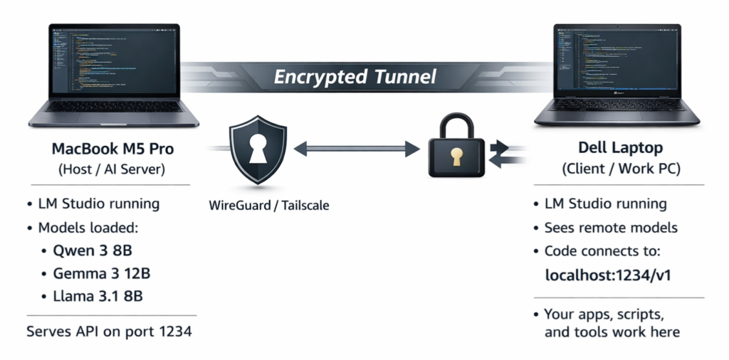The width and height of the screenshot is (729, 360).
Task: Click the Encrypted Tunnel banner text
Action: (x=355, y=77)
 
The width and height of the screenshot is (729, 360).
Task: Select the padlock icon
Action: (x=456, y=149)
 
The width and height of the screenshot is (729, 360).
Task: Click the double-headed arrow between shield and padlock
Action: (x=357, y=149)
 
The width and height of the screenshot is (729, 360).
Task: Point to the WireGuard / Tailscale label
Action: (x=269, y=206)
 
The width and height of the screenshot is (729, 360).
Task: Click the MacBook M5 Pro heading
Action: (x=112, y=149)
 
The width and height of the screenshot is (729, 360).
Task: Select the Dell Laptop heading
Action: (x=621, y=149)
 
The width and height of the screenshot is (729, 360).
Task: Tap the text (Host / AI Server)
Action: (x=112, y=171)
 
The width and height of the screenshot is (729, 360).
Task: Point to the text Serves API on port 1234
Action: (x=108, y=331)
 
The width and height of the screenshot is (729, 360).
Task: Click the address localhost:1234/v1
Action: (x=609, y=275)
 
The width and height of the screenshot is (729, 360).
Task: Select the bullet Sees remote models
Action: (x=611, y=228)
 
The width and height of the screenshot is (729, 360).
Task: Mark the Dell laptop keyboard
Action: (x=617, y=105)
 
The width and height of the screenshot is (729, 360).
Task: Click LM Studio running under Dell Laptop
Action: (x=605, y=204)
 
